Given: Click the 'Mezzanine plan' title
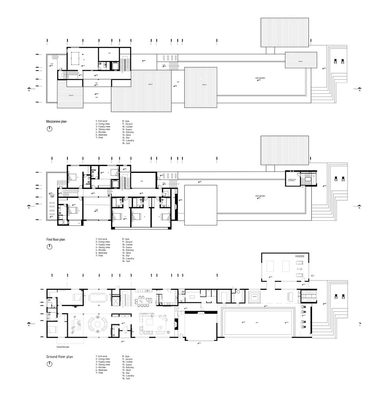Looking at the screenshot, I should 57,122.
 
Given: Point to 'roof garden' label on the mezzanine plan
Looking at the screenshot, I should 260,78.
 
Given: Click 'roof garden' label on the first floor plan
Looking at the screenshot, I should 260,196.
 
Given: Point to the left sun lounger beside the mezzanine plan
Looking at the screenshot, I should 335,61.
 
